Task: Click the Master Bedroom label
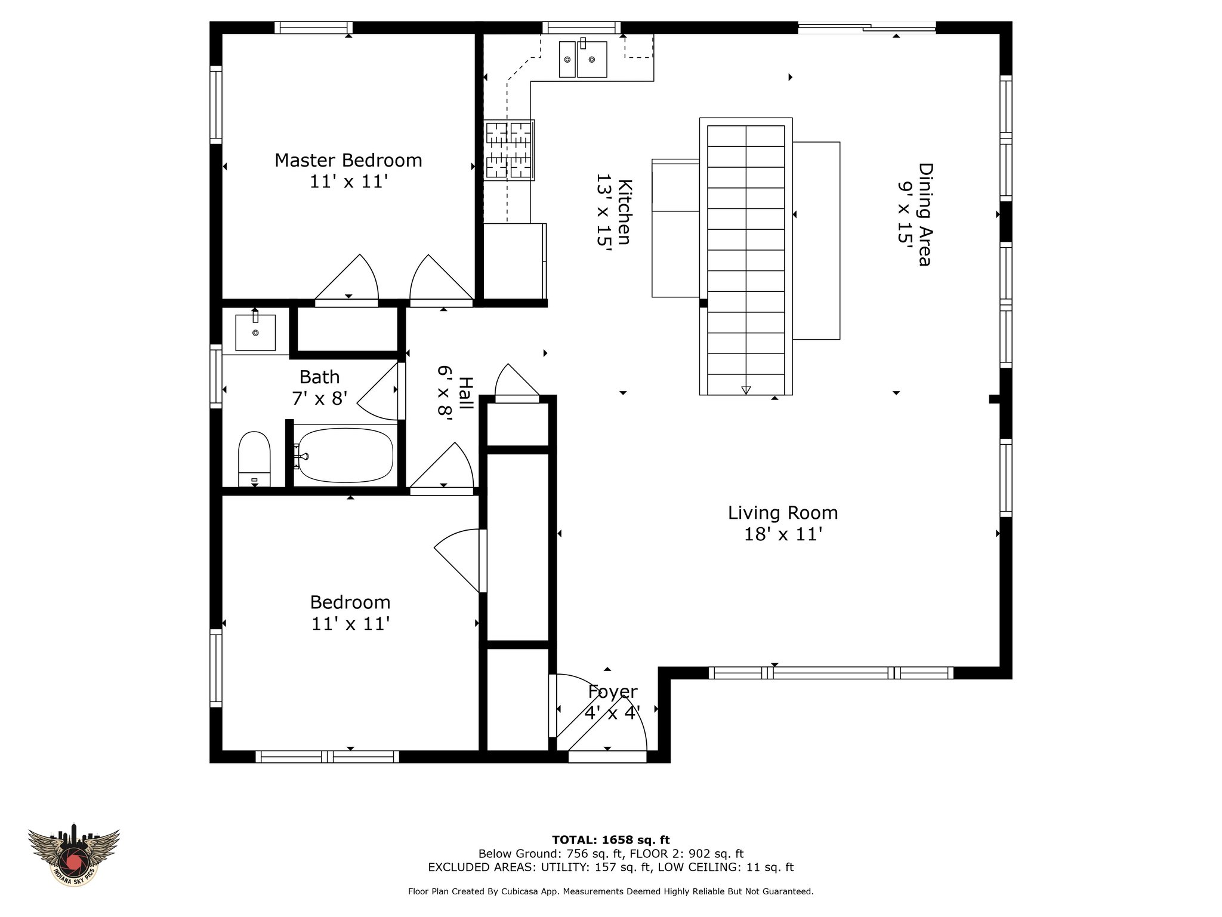pyautogui.click(x=348, y=160)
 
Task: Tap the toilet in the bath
pyautogui.click(x=254, y=458)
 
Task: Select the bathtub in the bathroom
pyautogui.click(x=345, y=456)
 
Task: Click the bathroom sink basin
pyautogui.click(x=255, y=333)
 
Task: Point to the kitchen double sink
pyautogui.click(x=583, y=59)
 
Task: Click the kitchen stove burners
pyautogui.click(x=508, y=150)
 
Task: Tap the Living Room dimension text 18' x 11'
pyautogui.click(x=783, y=534)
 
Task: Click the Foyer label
pyautogui.click(x=612, y=691)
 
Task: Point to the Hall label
pyautogui.click(x=465, y=393)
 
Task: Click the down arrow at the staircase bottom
pyautogui.click(x=746, y=390)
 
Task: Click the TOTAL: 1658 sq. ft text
pyautogui.click(x=611, y=840)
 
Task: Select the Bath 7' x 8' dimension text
pyautogui.click(x=319, y=398)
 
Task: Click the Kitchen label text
pyautogui.click(x=624, y=211)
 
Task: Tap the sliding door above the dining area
pyautogui.click(x=866, y=27)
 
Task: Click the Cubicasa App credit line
pyautogui.click(x=610, y=891)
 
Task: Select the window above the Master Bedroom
pyautogui.click(x=313, y=27)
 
